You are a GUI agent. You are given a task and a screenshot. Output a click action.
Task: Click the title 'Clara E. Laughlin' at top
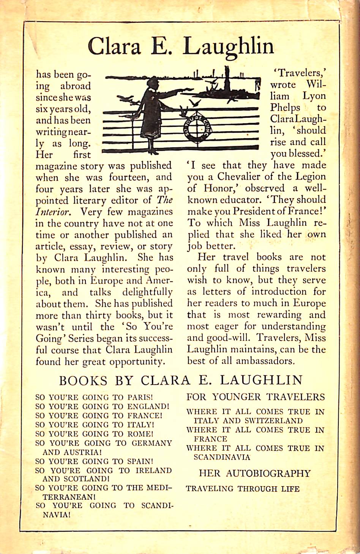click(x=180, y=46)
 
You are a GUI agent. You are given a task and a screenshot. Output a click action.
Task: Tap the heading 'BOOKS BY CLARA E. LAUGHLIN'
click(x=181, y=380)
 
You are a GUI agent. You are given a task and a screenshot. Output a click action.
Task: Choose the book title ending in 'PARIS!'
click(x=94, y=397)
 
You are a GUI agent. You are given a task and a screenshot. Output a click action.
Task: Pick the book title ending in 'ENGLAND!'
click(x=102, y=406)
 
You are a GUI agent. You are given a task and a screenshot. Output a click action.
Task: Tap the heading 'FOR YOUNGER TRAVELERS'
click(x=256, y=397)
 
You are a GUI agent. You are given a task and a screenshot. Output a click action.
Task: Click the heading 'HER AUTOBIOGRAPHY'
click(x=254, y=474)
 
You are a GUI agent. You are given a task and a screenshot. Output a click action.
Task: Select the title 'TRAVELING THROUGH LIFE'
click(x=243, y=489)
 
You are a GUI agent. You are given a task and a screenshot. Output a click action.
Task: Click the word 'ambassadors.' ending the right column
click(x=265, y=361)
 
